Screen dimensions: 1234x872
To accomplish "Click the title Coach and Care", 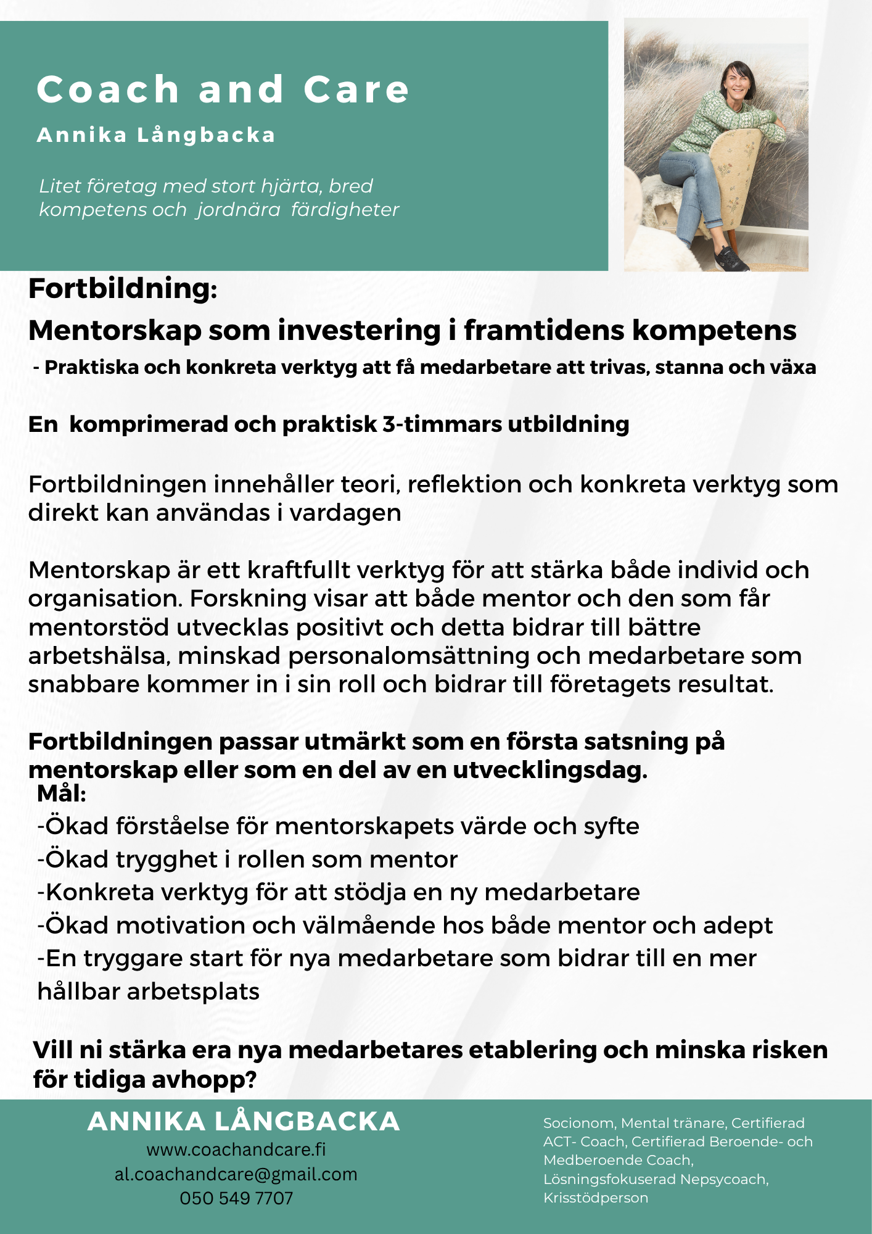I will point(223,90).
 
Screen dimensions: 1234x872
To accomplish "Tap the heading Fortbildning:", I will point(123,289).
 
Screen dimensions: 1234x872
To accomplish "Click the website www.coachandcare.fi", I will point(236,1149).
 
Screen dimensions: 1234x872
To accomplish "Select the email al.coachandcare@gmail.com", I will point(236,1174).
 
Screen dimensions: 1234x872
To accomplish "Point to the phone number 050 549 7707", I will point(236,1198).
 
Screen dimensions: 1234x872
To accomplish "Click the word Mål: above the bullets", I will point(62,794).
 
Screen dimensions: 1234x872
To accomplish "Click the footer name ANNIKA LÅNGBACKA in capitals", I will point(244,1122).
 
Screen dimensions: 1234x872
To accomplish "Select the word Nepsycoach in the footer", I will point(724,1179).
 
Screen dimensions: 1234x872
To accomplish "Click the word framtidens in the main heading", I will point(545,331).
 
